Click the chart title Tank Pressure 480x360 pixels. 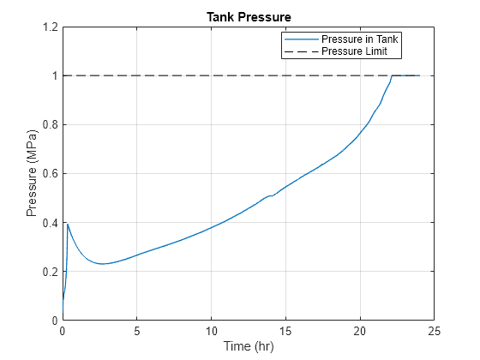(x=249, y=17)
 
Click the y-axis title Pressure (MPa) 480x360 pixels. (x=33, y=174)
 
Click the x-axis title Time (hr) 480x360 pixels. (x=249, y=346)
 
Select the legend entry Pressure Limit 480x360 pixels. (x=358, y=51)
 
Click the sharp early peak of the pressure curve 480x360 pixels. (x=68, y=224)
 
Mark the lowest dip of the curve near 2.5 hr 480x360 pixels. (x=102, y=264)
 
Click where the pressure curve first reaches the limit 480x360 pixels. (x=392, y=76)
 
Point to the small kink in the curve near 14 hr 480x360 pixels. (x=271, y=195)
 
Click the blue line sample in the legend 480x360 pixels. (x=301, y=39)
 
